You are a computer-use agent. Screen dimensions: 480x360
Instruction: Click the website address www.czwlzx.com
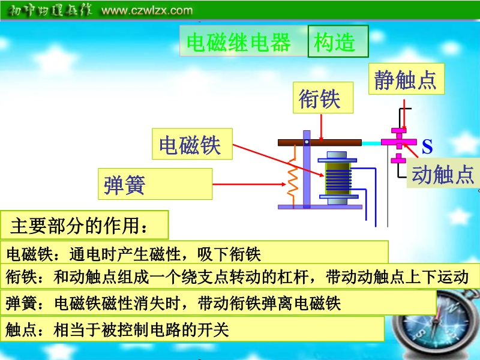147,10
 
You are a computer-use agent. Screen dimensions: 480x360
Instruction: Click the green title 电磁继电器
239,42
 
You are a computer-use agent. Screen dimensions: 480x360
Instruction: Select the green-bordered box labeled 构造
338,41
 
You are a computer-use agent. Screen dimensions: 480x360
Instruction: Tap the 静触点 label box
406,79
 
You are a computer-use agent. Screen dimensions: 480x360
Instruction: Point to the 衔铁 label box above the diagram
323,98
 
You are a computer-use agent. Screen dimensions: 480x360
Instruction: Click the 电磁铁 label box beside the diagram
192,144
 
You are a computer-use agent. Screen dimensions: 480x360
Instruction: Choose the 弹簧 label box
155,184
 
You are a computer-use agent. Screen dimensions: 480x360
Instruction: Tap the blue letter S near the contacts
427,146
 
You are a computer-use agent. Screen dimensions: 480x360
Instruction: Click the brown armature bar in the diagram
320,142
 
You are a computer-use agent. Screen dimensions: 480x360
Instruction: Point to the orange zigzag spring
292,176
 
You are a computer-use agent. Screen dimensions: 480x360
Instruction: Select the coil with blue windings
338,177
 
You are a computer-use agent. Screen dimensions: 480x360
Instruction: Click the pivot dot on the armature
307,142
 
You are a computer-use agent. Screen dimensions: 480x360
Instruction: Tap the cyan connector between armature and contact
371,143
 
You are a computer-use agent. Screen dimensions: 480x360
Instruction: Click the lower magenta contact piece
398,158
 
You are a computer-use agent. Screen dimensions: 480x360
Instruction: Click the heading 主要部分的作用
79,226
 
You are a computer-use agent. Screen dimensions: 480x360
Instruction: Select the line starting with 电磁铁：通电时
134,254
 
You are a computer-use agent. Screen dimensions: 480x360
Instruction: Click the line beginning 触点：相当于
117,331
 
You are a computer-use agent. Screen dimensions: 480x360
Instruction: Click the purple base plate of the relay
320,207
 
